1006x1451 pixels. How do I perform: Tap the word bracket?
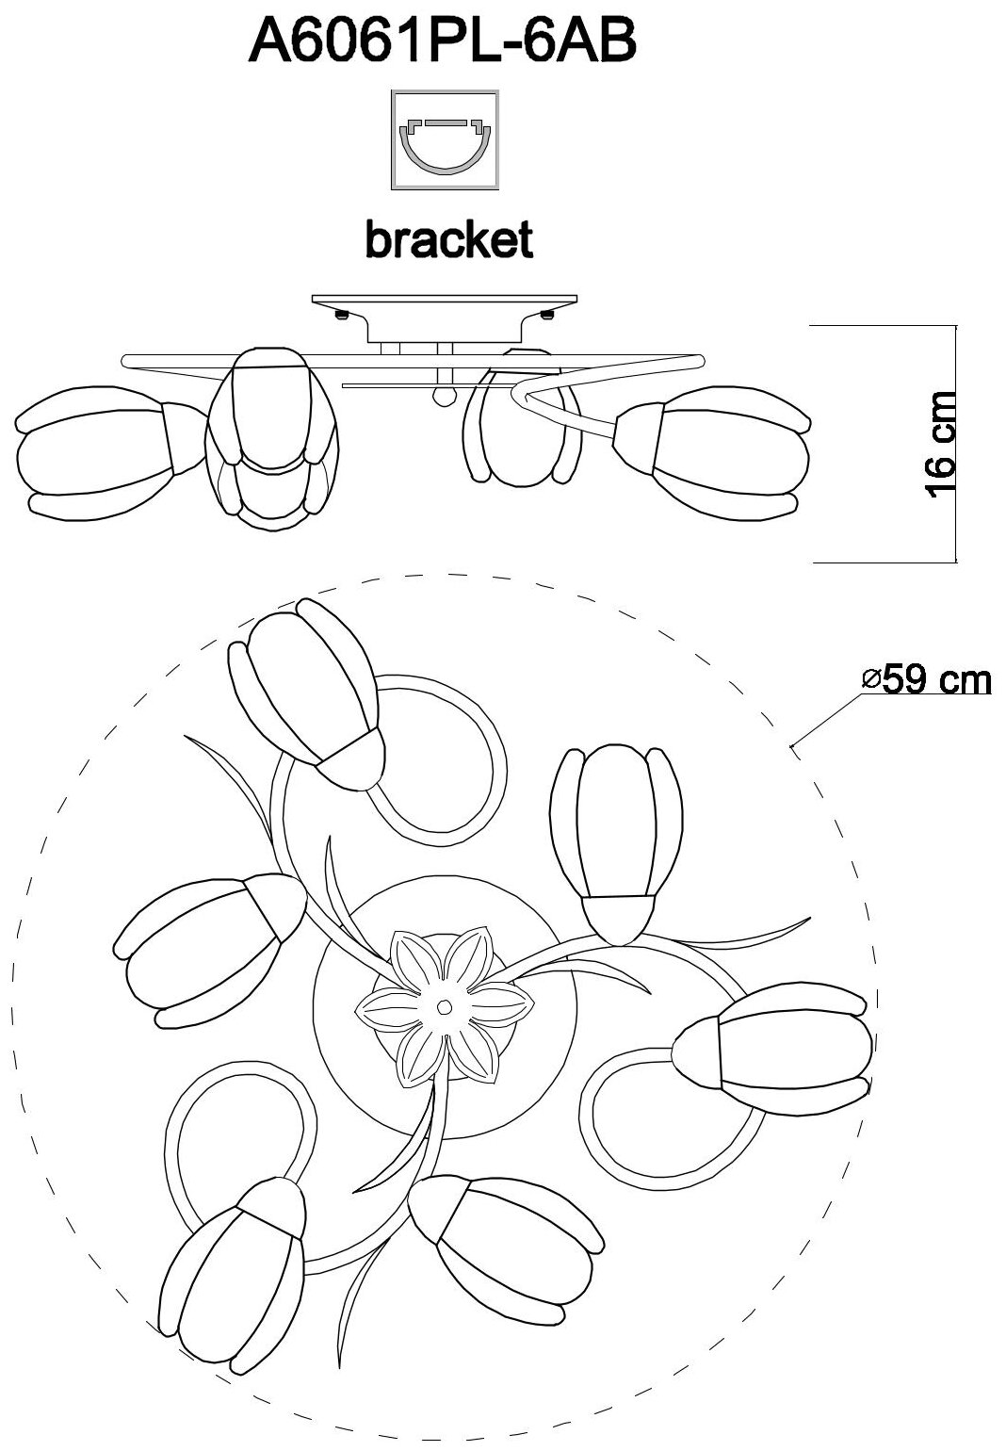pyautogui.click(x=448, y=240)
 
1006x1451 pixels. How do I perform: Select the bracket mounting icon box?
pyautogui.click(x=444, y=140)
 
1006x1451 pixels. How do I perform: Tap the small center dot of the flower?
pyautogui.click(x=444, y=1007)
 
